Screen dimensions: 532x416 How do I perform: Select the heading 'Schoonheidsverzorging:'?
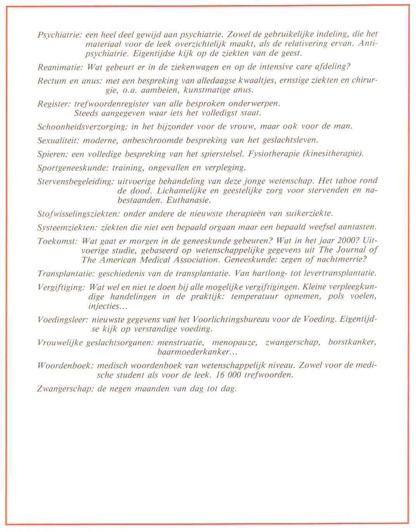coord(81,127)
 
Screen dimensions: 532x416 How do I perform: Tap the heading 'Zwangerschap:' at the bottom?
coord(65,389)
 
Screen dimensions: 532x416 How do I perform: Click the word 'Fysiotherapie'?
coord(271,154)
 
